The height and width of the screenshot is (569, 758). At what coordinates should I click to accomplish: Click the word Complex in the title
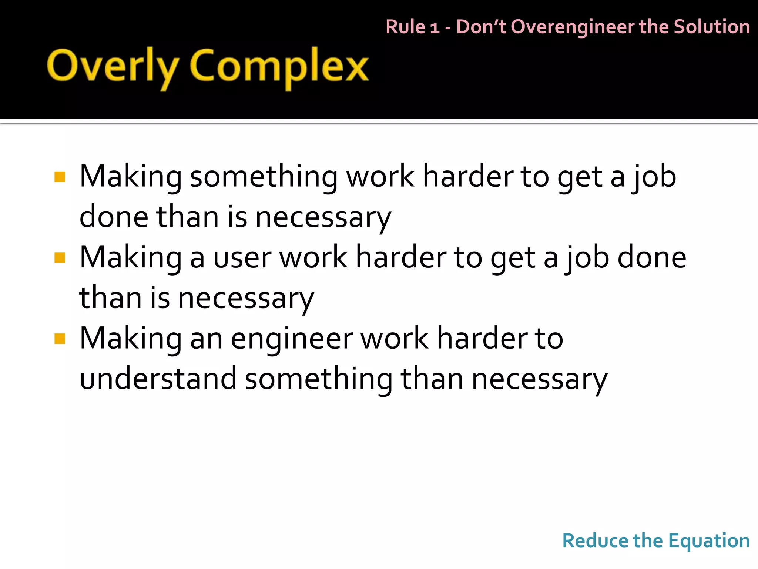(x=279, y=67)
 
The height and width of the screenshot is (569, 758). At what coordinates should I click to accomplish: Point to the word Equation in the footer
(x=709, y=540)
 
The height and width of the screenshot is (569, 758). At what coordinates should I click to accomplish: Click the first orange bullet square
(x=60, y=177)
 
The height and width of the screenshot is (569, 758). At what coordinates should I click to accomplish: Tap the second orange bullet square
(x=60, y=257)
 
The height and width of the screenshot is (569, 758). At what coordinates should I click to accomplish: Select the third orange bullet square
(x=60, y=339)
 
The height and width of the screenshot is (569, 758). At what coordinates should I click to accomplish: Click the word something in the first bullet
(x=264, y=177)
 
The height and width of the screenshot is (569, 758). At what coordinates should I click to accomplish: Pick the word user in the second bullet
(x=243, y=258)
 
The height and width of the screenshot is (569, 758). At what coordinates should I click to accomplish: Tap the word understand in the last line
(x=158, y=379)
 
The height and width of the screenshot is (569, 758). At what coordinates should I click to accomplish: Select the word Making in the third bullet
(x=130, y=339)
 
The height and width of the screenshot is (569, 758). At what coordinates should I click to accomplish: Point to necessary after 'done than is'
(x=323, y=217)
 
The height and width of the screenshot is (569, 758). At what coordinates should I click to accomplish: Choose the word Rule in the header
(x=405, y=27)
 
